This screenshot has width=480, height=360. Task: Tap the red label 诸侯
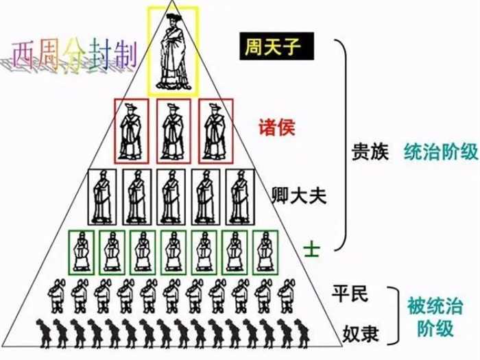(276, 127)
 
